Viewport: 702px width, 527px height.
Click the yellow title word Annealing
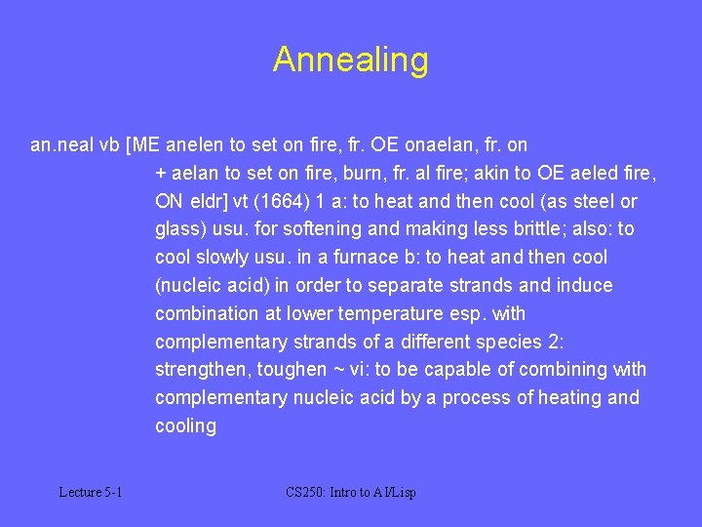point(350,60)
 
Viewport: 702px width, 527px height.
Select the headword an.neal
point(62,145)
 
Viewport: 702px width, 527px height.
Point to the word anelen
point(195,145)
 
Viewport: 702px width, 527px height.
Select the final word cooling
point(185,426)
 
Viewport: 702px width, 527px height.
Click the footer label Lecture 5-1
point(90,493)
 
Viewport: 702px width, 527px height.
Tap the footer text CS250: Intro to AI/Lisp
point(351,493)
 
